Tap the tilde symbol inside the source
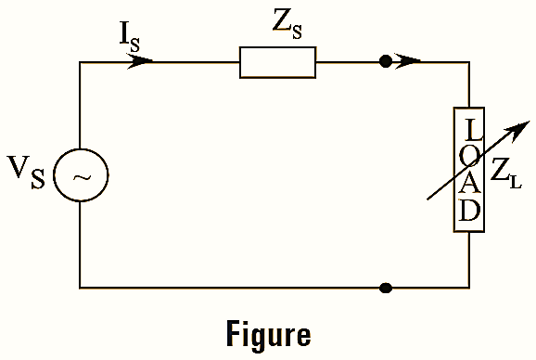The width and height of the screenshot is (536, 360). [x=80, y=176]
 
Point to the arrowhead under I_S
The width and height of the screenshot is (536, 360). [x=141, y=62]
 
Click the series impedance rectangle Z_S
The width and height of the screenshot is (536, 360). [x=277, y=62]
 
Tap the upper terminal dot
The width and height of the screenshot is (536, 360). [x=386, y=62]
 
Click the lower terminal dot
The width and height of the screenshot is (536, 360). [x=386, y=288]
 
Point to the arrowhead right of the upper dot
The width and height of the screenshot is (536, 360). [x=412, y=62]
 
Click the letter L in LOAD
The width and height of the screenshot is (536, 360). [x=470, y=127]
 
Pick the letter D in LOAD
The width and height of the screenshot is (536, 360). [x=470, y=212]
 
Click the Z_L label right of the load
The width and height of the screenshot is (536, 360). [x=506, y=171]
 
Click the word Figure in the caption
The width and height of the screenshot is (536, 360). [x=268, y=333]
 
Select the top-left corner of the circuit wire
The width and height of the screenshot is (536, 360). [x=80, y=62]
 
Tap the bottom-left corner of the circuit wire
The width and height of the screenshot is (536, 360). [x=80, y=288]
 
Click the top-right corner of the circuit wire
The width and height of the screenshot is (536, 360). [x=470, y=62]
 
